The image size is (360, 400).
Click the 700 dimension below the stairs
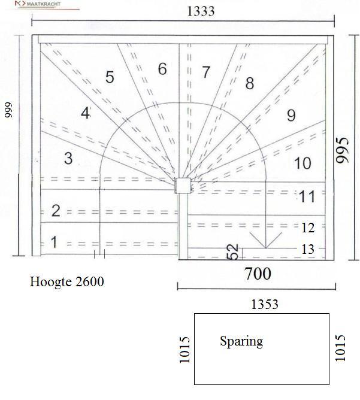(257, 274)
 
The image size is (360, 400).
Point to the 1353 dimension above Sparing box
(265, 304)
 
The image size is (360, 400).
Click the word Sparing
(241, 341)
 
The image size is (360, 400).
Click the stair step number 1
(55, 243)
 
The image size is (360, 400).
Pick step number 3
(68, 159)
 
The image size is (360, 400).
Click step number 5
(110, 77)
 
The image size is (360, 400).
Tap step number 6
(162, 69)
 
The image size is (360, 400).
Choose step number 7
(206, 72)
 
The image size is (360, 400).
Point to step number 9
(291, 115)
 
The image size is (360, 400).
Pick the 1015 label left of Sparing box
(184, 349)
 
